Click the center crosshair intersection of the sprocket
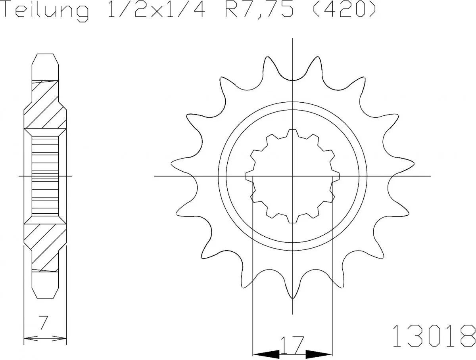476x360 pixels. (293, 176)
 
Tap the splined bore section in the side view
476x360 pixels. (45, 176)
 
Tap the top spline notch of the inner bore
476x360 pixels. (292, 133)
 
